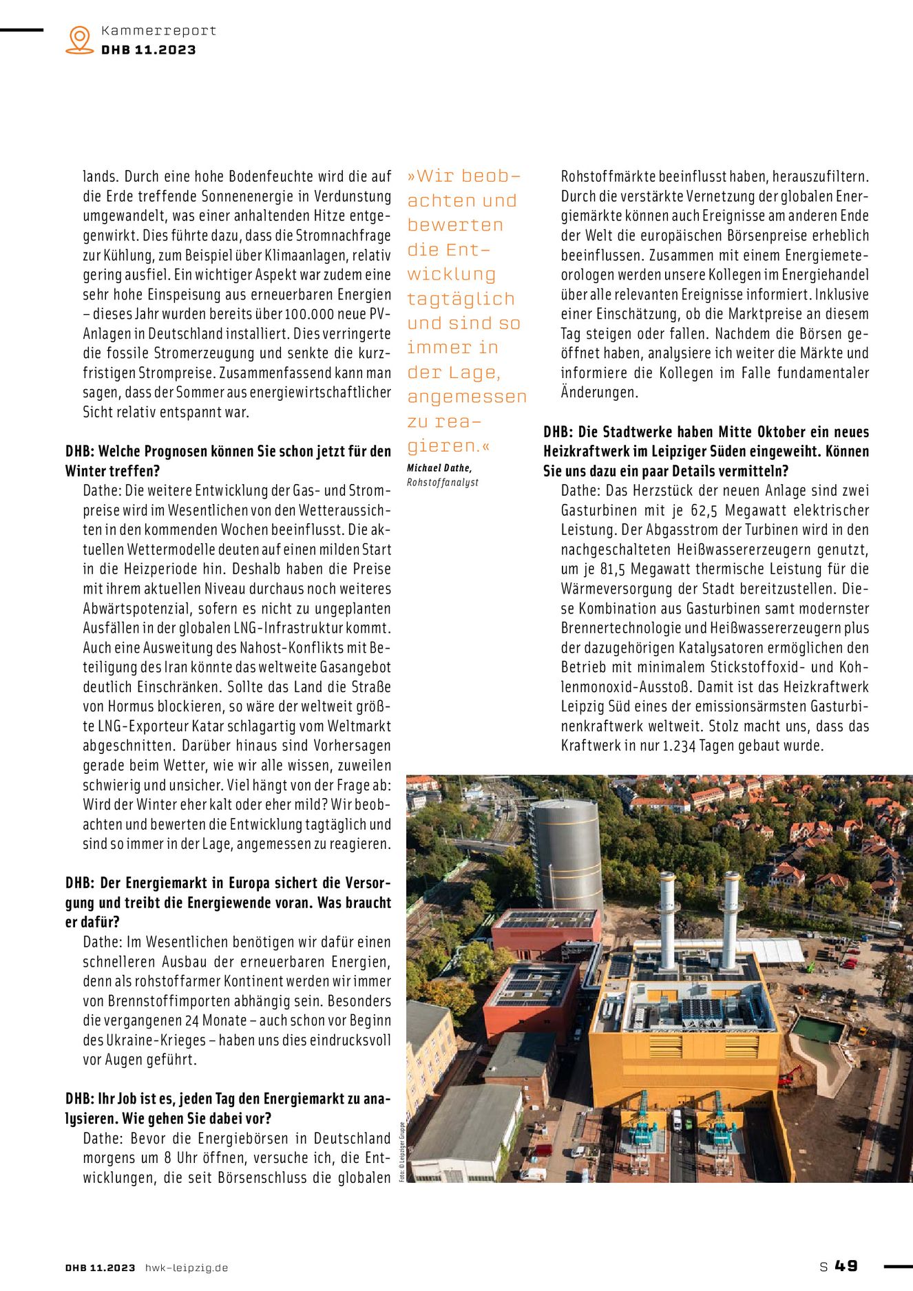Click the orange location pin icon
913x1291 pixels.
[x=80, y=39]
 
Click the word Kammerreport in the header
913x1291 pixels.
[x=158, y=30]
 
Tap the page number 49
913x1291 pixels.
[x=846, y=1266]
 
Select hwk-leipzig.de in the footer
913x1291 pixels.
[x=186, y=1268]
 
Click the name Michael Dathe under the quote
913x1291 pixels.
[x=439, y=468]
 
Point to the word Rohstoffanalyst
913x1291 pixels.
[x=442, y=482]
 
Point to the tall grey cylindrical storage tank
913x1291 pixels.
[x=565, y=854]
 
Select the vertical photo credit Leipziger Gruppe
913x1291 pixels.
[x=402, y=1152]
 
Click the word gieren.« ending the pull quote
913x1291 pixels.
[x=448, y=446]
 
